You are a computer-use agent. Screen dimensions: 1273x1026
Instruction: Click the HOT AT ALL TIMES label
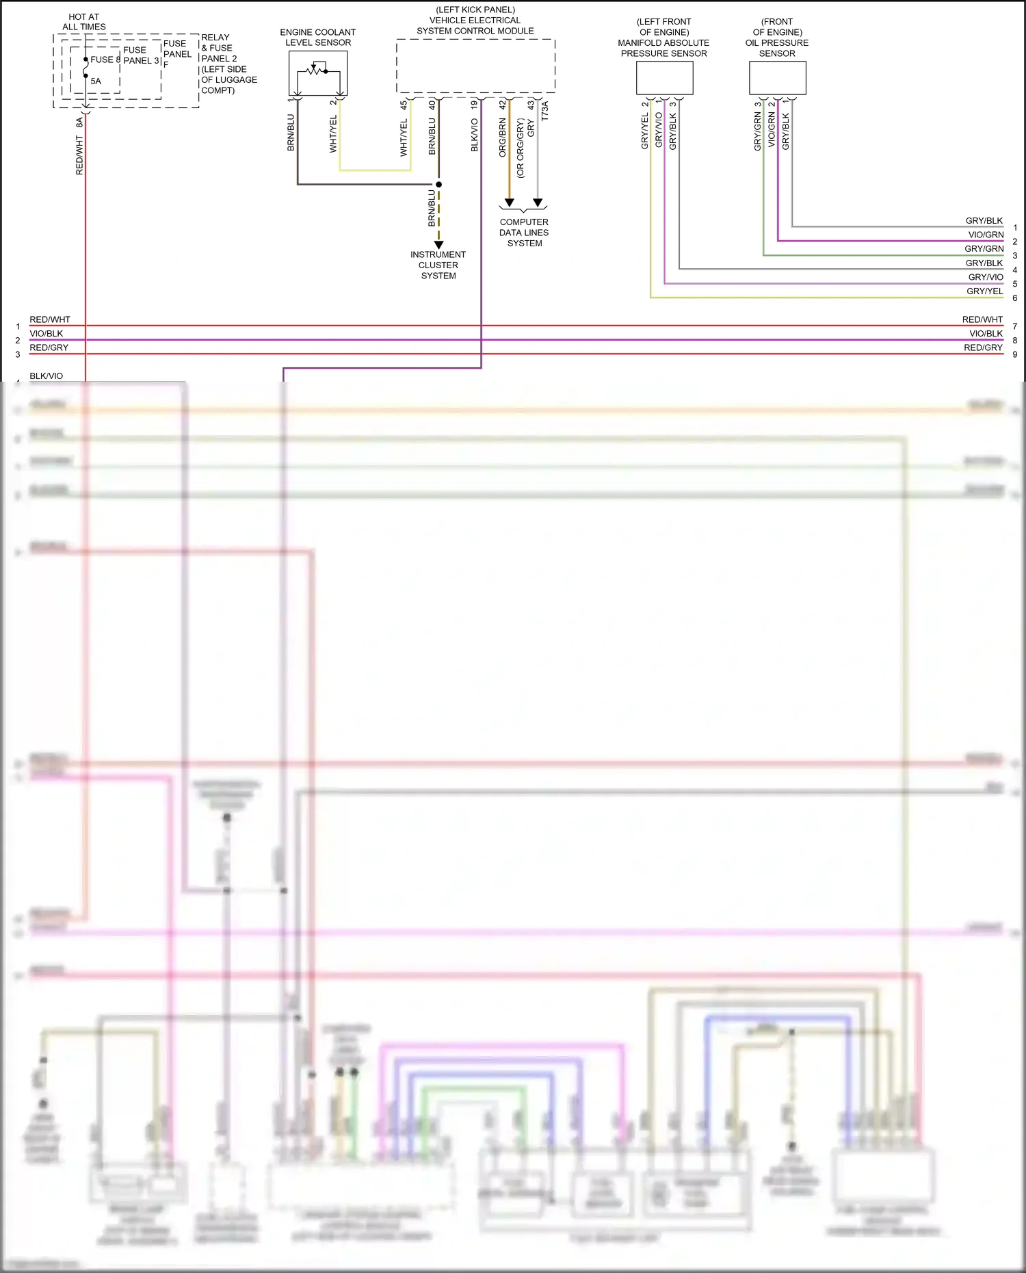coord(84,22)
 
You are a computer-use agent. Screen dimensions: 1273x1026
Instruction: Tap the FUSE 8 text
coord(105,60)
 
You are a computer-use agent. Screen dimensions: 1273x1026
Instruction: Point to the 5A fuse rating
coord(96,81)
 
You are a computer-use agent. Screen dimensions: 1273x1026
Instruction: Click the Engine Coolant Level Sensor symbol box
coord(318,73)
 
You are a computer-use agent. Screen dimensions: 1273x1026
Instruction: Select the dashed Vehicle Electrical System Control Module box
coord(475,66)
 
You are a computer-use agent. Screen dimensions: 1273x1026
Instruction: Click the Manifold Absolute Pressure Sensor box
coord(664,78)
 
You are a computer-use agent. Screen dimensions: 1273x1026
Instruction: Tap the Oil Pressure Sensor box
coord(777,78)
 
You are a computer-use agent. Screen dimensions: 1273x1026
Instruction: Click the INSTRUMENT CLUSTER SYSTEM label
coord(438,265)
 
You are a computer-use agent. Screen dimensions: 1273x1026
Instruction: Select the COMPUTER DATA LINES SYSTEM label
coord(524,233)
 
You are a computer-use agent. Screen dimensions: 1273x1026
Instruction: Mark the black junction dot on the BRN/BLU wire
coord(439,184)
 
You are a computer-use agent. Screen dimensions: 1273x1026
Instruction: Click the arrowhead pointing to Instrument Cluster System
coord(439,244)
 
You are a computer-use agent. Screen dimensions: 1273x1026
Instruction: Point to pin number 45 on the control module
coord(404,105)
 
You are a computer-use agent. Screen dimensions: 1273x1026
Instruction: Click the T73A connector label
coord(544,111)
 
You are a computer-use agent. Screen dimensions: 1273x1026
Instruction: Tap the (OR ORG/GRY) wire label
coord(521,148)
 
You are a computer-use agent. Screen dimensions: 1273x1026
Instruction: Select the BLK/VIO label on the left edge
coord(47,376)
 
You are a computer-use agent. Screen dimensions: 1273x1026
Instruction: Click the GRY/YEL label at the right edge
coord(984,291)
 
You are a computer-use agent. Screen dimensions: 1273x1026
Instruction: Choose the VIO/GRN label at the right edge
coord(986,235)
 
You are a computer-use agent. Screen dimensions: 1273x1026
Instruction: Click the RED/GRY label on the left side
coord(49,347)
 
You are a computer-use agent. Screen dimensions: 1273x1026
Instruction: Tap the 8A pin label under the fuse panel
coord(79,122)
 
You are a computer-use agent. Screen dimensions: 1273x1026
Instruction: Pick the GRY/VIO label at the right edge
coord(986,277)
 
